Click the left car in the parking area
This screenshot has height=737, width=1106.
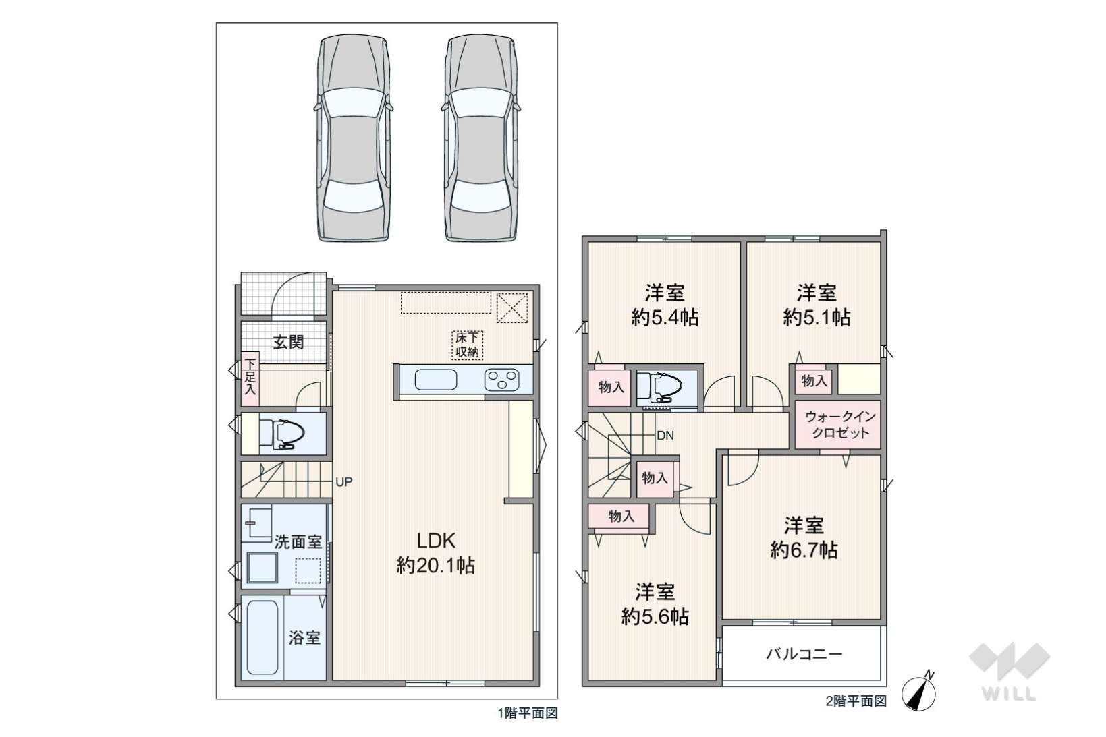pyautogui.click(x=354, y=138)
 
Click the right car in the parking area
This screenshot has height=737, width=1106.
pyautogui.click(x=481, y=138)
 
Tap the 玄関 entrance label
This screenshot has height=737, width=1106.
pyautogui.click(x=288, y=343)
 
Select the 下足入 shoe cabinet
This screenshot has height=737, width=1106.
pyautogui.click(x=250, y=378)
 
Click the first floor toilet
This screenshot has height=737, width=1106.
pyautogui.click(x=282, y=435)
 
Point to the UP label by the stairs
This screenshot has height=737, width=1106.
pyautogui.click(x=344, y=482)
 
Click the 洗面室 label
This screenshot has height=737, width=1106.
pyautogui.click(x=298, y=542)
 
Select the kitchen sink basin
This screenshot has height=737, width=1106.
pyautogui.click(x=435, y=380)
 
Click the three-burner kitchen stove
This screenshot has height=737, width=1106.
pyautogui.click(x=501, y=380)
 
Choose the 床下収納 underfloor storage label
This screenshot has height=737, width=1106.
pyautogui.click(x=467, y=345)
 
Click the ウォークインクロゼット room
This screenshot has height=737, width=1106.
pyautogui.click(x=838, y=425)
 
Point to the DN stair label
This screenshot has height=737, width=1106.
pyautogui.click(x=665, y=436)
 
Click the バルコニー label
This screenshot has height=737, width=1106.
pyautogui.click(x=804, y=655)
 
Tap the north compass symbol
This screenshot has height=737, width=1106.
pyautogui.click(x=919, y=692)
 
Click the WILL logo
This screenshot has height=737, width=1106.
pyautogui.click(x=1010, y=672)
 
